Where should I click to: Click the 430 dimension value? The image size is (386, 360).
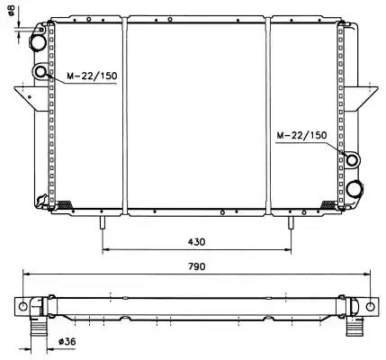pos(197,241)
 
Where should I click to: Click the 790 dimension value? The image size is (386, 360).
pos(197,266)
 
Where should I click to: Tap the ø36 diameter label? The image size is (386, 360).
pos(67,341)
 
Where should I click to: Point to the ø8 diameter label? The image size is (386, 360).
pos(12,11)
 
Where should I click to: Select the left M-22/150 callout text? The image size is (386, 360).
pos(92,76)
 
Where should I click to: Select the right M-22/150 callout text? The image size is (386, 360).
pos(301,135)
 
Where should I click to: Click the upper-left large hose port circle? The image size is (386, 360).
pos(38,43)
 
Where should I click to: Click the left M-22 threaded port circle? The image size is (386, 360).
pos(40,72)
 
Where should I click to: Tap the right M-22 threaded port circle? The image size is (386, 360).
pos(352,159)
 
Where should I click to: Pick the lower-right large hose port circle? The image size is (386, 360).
pos(355,189)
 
